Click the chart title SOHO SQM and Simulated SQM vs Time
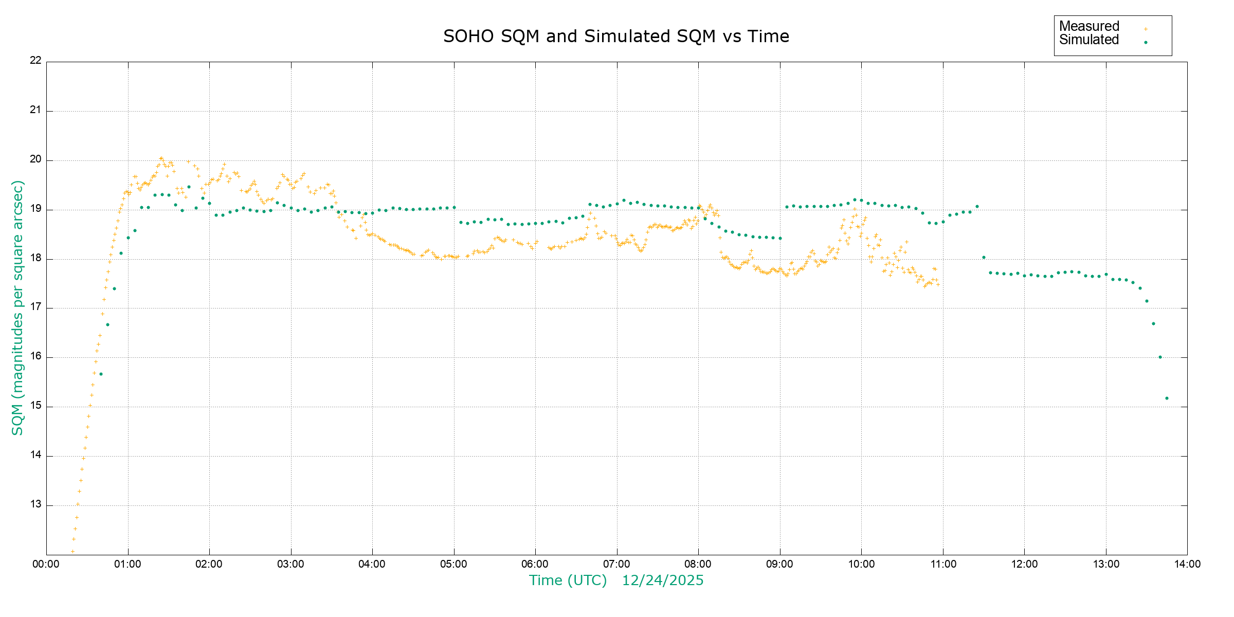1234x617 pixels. coord(616,36)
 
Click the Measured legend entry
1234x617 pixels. coord(1089,26)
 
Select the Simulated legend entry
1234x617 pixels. coord(1089,40)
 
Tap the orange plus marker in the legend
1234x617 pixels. coord(1146,29)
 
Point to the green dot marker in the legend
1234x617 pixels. coord(1146,42)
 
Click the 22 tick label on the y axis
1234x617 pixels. coord(35,60)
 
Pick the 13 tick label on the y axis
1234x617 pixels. coord(35,504)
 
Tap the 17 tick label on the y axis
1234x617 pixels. coord(35,307)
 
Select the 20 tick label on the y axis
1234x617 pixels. coord(35,159)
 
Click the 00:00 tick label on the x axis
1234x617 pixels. coord(46,564)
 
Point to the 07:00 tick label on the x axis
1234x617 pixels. coord(616,564)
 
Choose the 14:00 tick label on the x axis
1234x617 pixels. coord(1187,564)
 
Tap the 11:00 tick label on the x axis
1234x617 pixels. coord(943,564)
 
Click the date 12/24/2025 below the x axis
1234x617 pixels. coord(663,580)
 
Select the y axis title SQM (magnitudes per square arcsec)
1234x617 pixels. coord(17,307)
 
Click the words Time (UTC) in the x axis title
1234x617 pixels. coord(568,580)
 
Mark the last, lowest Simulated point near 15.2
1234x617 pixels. coord(1167,398)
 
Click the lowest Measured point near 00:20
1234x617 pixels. coord(72,551)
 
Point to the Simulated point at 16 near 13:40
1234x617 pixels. coord(1160,357)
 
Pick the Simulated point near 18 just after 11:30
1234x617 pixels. coord(984,258)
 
